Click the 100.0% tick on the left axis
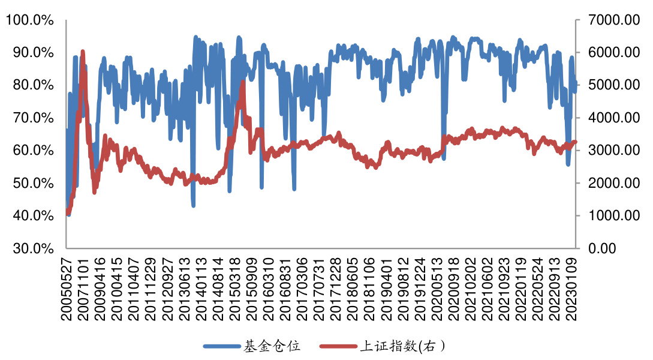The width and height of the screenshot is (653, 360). point(30,20)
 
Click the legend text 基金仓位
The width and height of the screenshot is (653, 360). point(271,346)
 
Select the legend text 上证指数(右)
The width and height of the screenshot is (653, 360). point(402,346)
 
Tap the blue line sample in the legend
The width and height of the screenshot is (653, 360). point(221,346)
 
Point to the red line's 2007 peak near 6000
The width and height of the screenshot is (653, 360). point(82,52)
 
